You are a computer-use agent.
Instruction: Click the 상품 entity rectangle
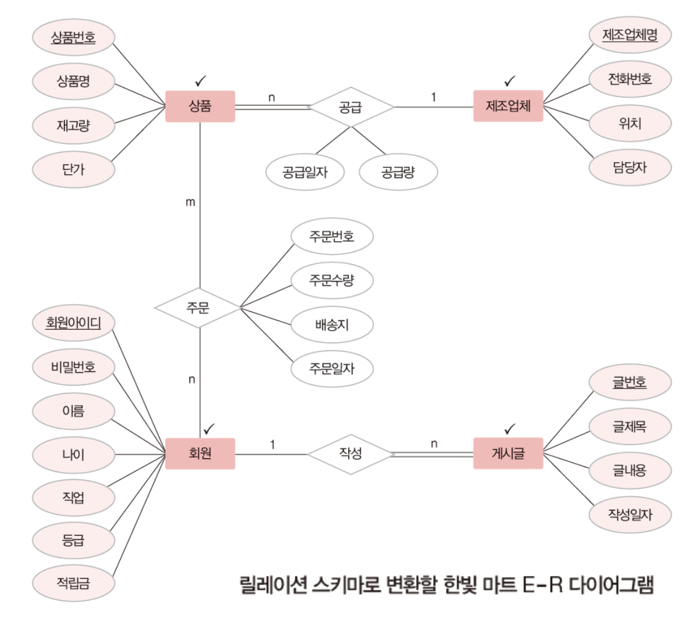click(x=200, y=107)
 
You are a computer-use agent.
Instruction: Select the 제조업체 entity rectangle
click(x=508, y=107)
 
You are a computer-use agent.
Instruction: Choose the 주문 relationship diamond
click(x=198, y=307)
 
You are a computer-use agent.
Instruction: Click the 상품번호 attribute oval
click(x=73, y=37)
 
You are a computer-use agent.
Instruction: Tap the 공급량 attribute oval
click(x=399, y=172)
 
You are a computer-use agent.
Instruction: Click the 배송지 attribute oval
click(x=332, y=325)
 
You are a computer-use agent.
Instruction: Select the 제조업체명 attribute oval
click(x=630, y=35)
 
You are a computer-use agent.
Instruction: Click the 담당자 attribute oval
click(x=630, y=166)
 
